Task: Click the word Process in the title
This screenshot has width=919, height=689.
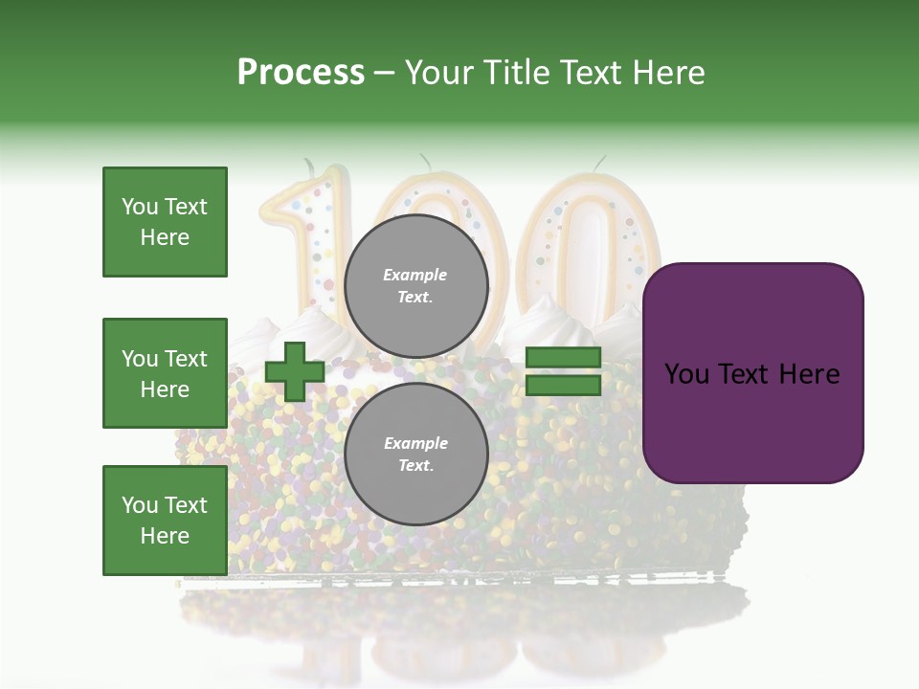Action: [x=301, y=73]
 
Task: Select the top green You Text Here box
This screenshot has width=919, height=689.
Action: [x=165, y=222]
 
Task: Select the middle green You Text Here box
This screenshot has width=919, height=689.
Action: [x=165, y=373]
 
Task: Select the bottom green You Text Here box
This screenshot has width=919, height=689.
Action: [x=165, y=521]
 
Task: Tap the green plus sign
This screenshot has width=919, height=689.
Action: [x=295, y=371]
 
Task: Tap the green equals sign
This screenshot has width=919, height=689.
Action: [x=564, y=371]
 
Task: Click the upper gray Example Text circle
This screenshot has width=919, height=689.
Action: [x=415, y=285]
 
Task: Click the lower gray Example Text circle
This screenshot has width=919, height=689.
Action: [x=415, y=454]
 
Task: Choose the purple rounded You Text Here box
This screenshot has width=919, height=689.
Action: [x=752, y=373]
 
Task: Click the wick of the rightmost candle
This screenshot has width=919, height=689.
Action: [x=600, y=163]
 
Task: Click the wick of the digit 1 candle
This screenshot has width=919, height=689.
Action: [x=308, y=168]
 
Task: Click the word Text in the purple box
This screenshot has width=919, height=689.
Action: [x=751, y=374]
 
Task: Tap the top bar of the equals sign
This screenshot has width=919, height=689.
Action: [x=564, y=358]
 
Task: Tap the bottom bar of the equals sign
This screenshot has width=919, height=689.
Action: [x=564, y=386]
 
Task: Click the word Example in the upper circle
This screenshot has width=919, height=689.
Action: [x=415, y=275]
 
